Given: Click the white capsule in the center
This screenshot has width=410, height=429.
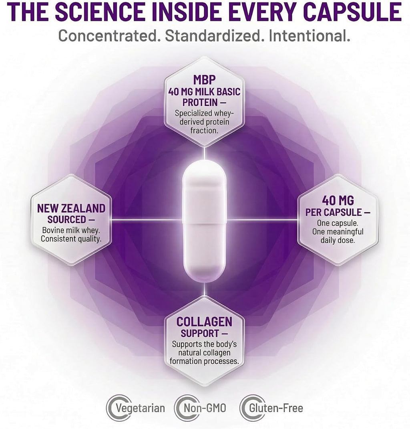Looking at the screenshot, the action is [204, 221].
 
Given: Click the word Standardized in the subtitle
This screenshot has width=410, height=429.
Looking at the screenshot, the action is [212, 36].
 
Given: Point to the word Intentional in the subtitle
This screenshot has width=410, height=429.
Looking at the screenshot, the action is [309, 36].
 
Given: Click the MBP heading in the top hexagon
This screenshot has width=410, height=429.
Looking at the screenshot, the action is [204, 80].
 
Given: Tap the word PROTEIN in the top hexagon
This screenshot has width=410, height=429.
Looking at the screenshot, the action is [200, 102].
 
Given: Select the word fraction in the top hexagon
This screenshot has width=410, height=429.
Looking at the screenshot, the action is [204, 130].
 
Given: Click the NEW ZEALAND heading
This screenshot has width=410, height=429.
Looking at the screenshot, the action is [71, 208].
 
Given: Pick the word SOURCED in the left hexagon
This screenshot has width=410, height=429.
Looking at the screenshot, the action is [66, 219].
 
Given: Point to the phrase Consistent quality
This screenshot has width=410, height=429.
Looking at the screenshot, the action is [71, 239].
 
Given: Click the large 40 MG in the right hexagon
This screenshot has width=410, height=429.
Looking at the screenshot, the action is [338, 200].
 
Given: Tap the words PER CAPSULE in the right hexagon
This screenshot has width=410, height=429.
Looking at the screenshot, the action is [334, 212].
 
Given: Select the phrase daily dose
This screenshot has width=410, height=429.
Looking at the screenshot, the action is [338, 240].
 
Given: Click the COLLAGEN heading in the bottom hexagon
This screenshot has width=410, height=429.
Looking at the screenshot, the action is [204, 322].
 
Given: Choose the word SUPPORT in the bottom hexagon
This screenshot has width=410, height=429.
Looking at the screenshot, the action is [200, 334].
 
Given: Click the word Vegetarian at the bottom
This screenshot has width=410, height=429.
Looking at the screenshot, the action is [141, 408].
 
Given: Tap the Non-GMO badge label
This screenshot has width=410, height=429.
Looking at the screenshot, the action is [205, 408].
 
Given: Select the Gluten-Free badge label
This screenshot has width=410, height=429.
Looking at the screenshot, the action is [276, 408].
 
